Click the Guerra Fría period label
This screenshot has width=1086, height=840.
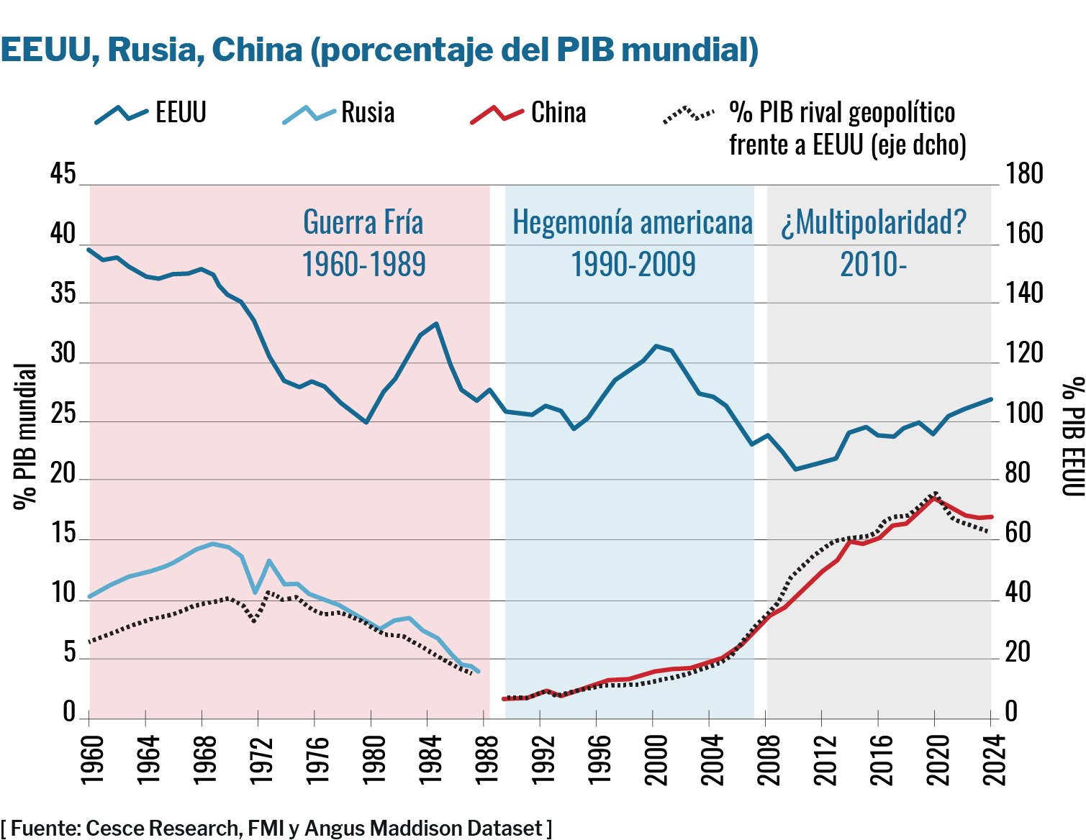point(363,242)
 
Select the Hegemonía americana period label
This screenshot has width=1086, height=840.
point(633,242)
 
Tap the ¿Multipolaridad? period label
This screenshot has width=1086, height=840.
point(874,242)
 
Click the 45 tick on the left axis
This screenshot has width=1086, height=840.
point(63,174)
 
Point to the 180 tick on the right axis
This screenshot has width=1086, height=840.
point(1023,174)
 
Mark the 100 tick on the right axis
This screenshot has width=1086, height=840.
point(1023,414)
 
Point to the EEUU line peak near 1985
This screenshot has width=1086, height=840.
point(436,324)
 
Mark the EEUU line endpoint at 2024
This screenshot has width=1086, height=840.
point(991,399)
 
